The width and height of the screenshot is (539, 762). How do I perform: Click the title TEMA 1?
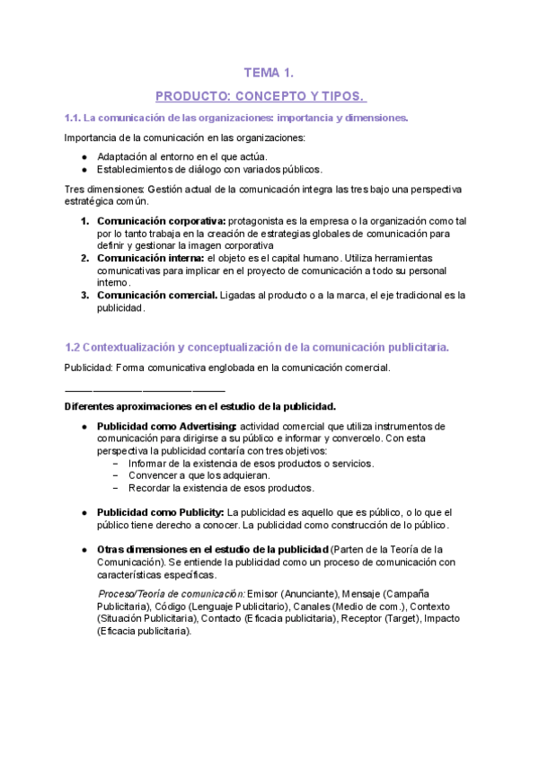[x=269, y=73]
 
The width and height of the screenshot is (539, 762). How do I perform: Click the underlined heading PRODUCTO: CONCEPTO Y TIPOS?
[x=261, y=96]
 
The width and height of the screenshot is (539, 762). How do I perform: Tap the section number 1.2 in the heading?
[x=74, y=347]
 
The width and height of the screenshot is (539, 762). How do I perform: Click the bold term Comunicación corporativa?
[x=161, y=221]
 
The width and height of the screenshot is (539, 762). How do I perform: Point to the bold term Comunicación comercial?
[x=156, y=296]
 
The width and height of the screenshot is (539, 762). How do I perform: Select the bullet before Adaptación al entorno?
[x=84, y=156]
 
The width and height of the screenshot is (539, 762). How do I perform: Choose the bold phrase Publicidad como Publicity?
[x=160, y=512]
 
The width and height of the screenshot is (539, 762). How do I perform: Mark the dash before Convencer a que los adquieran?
[x=116, y=475]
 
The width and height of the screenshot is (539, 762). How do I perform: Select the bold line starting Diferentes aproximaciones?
[x=200, y=406]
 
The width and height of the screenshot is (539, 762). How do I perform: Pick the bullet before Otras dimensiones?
[x=84, y=550]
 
